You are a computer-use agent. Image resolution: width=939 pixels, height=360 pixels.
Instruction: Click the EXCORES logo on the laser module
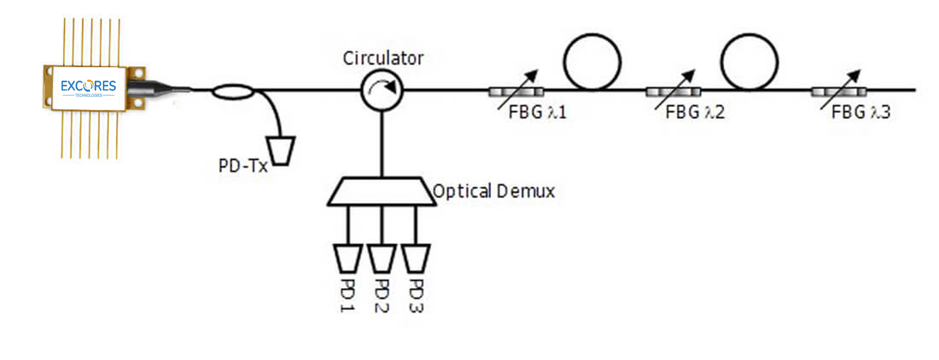point(88,87)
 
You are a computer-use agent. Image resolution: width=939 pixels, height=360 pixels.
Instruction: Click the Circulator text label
point(383,58)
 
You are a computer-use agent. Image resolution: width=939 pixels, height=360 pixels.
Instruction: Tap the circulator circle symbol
point(382,90)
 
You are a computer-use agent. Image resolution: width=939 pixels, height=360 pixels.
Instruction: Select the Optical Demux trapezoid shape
point(382,191)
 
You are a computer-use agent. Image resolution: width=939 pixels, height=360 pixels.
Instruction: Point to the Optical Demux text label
point(494,191)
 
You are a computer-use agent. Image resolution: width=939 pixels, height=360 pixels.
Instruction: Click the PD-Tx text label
point(243,165)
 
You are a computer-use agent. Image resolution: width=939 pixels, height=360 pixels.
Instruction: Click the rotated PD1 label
point(347,296)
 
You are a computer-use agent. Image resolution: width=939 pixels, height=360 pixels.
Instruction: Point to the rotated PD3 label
point(416,296)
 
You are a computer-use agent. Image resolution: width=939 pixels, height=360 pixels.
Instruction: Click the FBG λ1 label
point(537,113)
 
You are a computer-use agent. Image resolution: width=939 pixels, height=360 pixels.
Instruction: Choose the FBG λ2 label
point(695,113)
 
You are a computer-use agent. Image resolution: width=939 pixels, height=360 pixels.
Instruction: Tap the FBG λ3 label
point(861,113)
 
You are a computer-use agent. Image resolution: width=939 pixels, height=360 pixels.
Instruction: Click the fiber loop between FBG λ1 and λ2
point(592,62)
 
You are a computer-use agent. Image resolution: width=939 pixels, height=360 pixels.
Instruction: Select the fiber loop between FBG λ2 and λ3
point(749,62)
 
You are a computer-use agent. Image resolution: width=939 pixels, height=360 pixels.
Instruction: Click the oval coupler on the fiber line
point(233,91)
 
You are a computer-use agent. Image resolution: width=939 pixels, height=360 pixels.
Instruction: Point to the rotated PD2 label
point(382,296)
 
